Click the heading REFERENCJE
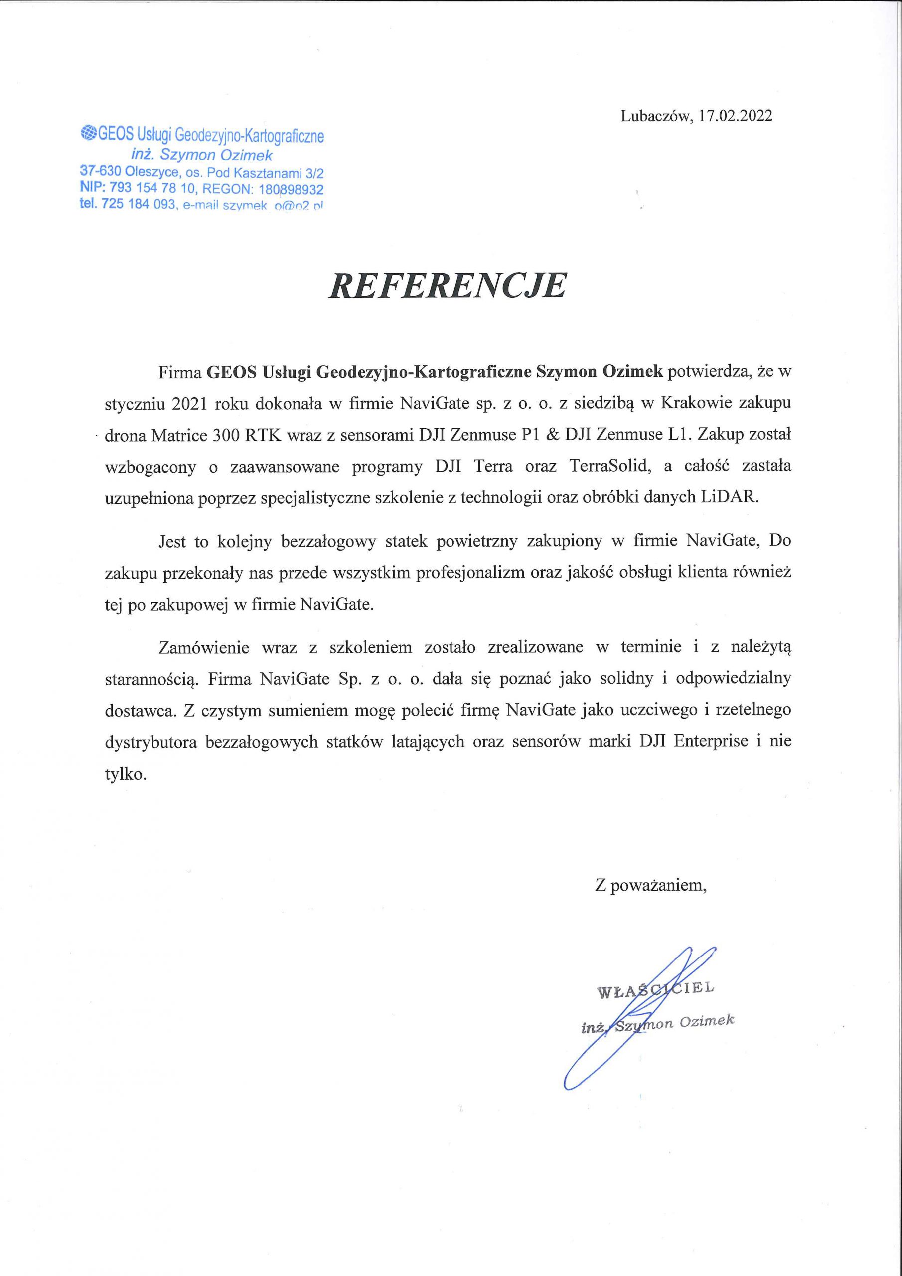tap(448, 286)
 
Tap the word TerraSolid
tap(610, 466)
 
